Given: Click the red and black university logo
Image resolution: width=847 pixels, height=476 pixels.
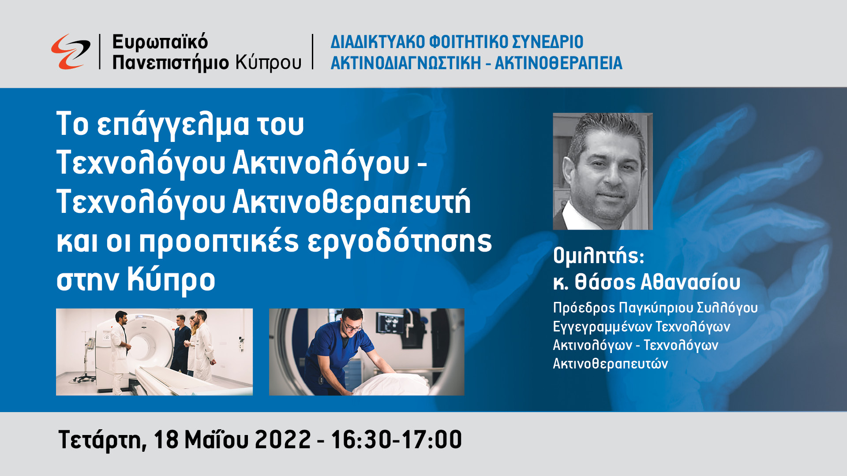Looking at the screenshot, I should point(71,52).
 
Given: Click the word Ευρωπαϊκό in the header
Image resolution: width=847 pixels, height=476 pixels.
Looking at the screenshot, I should point(160,42).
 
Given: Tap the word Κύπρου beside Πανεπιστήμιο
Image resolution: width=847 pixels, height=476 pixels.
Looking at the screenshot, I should point(268,63).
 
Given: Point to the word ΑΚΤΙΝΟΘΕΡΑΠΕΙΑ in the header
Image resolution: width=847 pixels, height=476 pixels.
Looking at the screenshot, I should point(558,63).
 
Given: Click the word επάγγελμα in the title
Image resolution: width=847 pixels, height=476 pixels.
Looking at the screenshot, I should point(173,125).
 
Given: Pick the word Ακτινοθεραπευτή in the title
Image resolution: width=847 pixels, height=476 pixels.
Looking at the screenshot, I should point(352,202).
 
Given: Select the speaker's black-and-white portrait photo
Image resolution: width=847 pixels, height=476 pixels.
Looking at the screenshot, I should point(603,171).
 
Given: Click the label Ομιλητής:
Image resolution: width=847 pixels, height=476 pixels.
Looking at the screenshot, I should point(599,256).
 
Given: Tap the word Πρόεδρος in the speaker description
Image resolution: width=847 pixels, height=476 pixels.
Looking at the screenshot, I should point(584,308).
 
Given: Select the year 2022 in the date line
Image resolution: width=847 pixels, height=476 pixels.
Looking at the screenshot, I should point(283,439).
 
